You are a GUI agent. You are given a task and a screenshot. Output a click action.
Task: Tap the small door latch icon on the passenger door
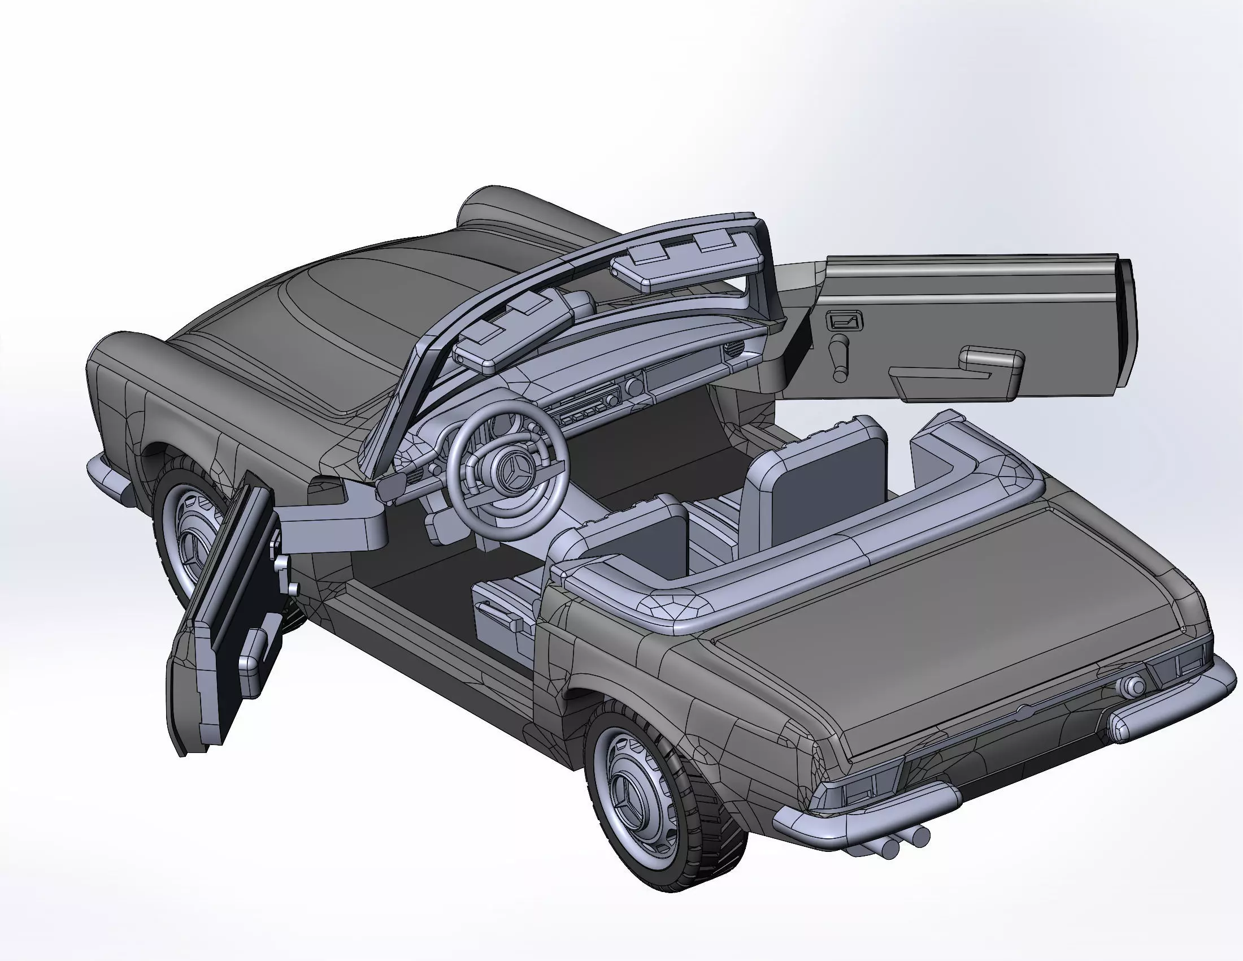tap(846, 322)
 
